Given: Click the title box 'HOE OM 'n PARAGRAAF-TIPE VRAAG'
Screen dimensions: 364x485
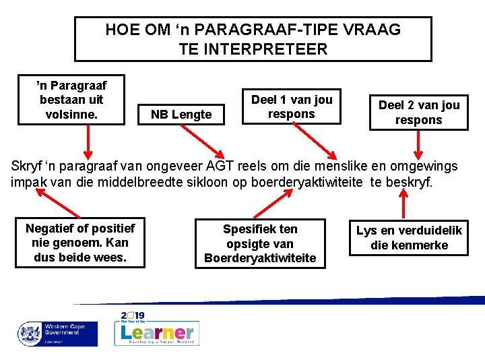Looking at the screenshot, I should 253,39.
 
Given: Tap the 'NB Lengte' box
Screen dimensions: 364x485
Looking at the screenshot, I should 181,115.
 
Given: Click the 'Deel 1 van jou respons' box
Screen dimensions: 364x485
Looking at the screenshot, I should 291,107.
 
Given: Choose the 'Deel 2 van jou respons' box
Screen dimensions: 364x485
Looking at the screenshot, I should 418,112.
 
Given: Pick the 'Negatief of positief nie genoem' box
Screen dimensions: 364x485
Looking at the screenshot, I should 79,243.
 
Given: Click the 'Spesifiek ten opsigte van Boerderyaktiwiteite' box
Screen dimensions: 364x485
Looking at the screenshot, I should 260,243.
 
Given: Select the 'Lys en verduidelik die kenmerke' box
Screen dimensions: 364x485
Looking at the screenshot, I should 409,237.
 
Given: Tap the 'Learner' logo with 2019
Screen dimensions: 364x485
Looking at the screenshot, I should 158,330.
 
